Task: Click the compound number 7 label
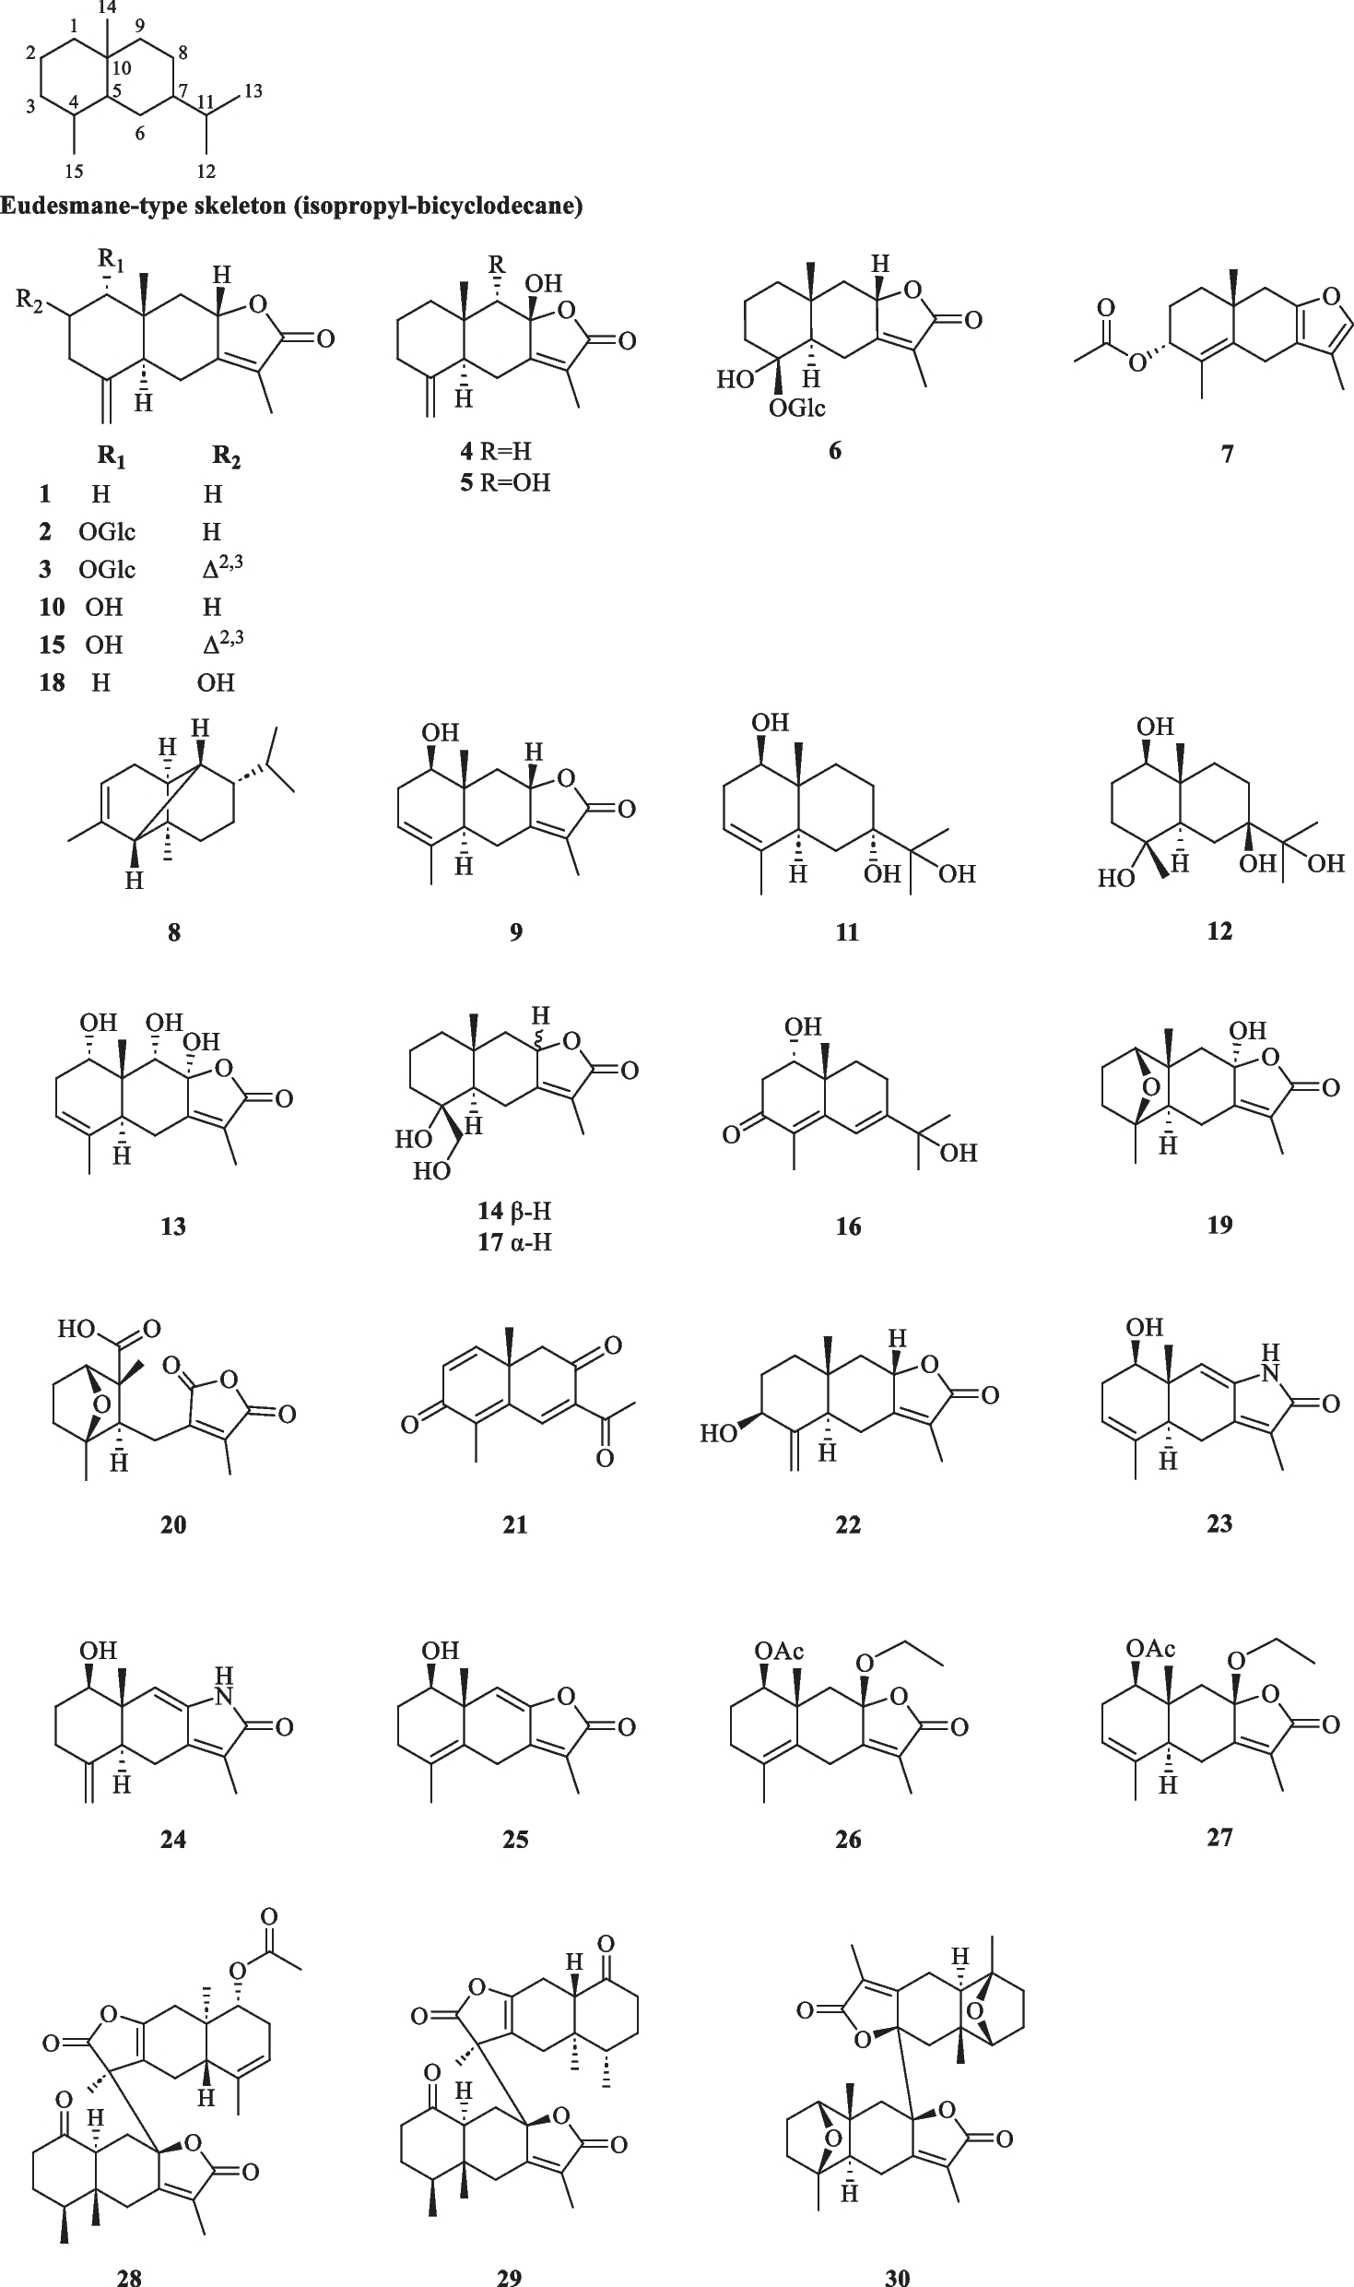click(x=1227, y=453)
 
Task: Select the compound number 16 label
click(x=848, y=1226)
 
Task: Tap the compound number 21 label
click(x=515, y=1524)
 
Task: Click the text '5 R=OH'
click(x=505, y=482)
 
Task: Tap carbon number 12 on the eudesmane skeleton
click(x=206, y=171)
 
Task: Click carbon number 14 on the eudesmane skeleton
click(x=108, y=7)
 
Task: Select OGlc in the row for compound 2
click(x=107, y=532)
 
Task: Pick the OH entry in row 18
click(x=216, y=682)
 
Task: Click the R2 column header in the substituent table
click(x=227, y=457)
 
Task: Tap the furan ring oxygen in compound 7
click(x=1330, y=295)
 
